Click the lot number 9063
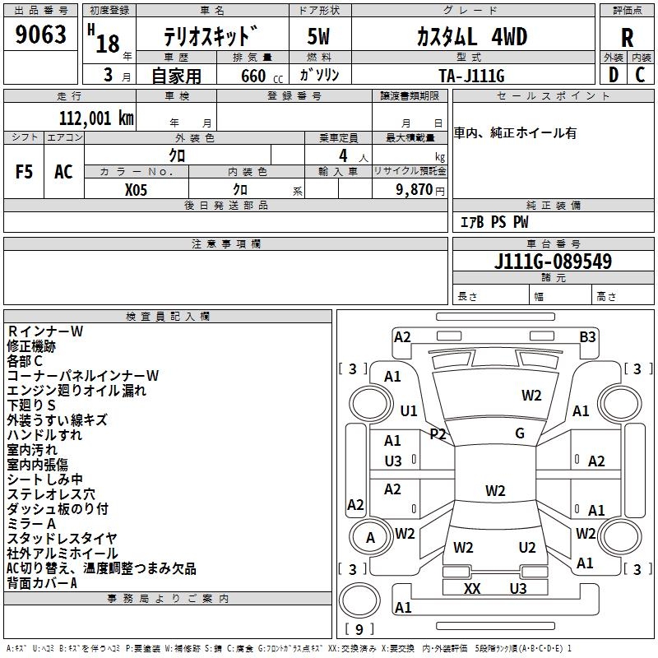coord(40,35)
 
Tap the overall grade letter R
coord(627,38)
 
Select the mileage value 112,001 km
coord(96,118)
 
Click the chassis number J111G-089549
coord(553,262)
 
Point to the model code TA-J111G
coord(471,76)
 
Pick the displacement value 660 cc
coord(262,76)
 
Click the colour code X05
coord(136,190)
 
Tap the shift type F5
coord(24,172)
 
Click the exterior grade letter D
coord(614,75)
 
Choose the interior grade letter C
coord(640,75)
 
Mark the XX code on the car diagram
coord(471,588)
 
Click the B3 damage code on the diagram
coord(587,337)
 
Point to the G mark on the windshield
coord(520,433)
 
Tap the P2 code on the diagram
coord(438,433)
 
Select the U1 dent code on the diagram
coord(408,410)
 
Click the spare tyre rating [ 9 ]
coord(359,629)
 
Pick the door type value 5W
coord(318,37)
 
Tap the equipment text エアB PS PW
coord(494,222)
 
